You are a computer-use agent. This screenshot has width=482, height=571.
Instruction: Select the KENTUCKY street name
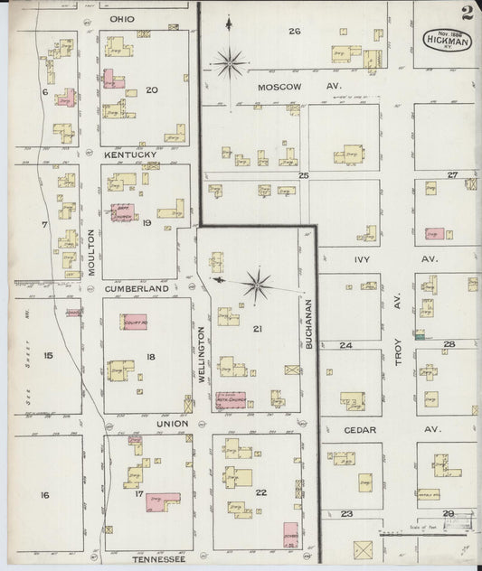(130, 154)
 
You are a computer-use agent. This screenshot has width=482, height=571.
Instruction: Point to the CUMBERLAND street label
(137, 288)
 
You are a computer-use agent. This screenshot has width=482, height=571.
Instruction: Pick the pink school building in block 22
(290, 535)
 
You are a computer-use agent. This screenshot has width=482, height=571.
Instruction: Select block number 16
(43, 495)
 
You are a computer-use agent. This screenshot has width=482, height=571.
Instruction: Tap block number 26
(294, 31)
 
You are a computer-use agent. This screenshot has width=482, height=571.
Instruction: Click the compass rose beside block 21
(259, 285)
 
